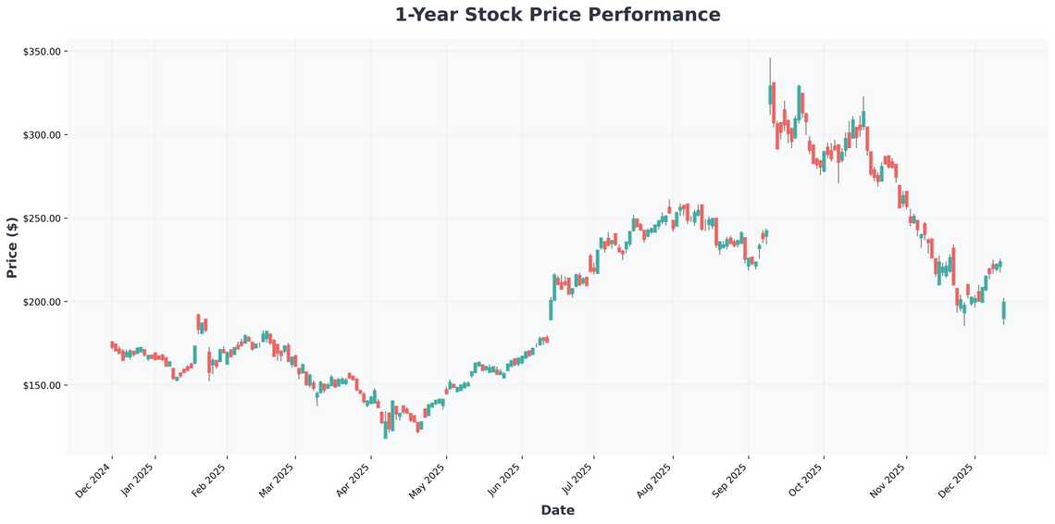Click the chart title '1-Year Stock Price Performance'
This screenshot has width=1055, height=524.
tap(557, 15)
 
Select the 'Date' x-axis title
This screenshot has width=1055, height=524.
tap(557, 510)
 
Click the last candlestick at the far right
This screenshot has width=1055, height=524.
tap(1003, 310)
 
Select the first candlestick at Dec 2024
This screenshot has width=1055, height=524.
tap(112, 345)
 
